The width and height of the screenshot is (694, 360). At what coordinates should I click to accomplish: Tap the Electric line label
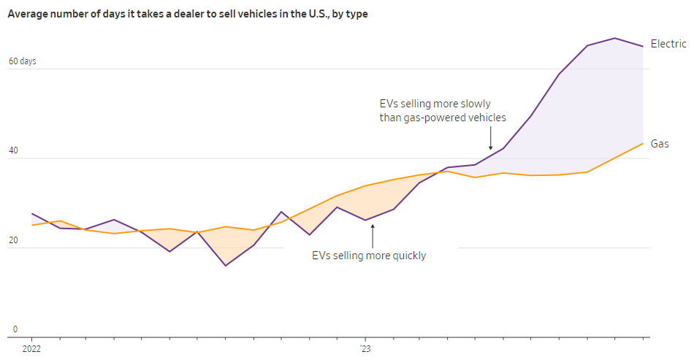pyautogui.click(x=668, y=45)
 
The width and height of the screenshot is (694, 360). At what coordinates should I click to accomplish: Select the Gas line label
pyautogui.click(x=660, y=144)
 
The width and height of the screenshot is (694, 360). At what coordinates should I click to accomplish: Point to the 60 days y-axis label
pyautogui.click(x=22, y=61)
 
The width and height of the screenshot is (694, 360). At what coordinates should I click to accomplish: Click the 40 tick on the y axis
pyautogui.click(x=13, y=150)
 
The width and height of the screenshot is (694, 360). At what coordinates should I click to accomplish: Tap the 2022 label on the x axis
pyautogui.click(x=32, y=349)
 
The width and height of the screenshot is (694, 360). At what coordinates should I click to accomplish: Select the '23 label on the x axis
pyautogui.click(x=365, y=349)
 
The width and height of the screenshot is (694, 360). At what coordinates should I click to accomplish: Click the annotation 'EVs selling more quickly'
pyautogui.click(x=368, y=256)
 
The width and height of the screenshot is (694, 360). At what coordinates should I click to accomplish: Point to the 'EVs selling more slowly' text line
pyautogui.click(x=435, y=104)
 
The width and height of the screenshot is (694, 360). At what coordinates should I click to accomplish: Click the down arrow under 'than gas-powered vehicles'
pyautogui.click(x=491, y=139)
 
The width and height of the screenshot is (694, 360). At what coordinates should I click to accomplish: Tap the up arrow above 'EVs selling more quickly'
pyautogui.click(x=372, y=235)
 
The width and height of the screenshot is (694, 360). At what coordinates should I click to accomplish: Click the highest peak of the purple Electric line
pyautogui.click(x=615, y=38)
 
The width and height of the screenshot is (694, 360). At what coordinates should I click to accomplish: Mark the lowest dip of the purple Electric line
pyautogui.click(x=225, y=265)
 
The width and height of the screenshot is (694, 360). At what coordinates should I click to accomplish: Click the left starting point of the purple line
pyautogui.click(x=32, y=214)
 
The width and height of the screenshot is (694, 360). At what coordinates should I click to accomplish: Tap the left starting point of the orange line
pyautogui.click(x=32, y=225)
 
